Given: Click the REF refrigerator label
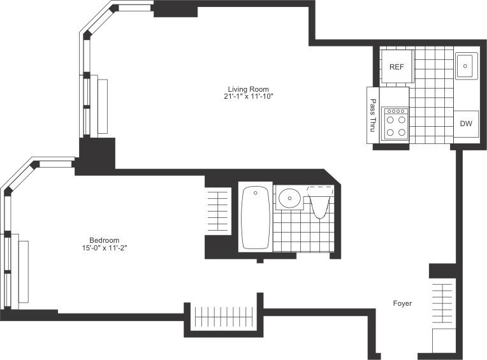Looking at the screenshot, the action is pos(396,67).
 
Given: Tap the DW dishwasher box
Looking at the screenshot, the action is pos(466,124).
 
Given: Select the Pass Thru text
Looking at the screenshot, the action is pos(373,115).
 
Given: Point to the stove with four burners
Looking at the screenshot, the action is pos(396,124).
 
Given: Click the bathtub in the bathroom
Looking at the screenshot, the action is pos(256,217).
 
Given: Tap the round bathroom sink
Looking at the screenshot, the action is pos(289,198).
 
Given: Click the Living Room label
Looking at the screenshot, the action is pos(248,89).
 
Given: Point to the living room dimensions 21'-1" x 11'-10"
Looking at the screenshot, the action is pos(248,96).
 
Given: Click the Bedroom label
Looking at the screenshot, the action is pos(105,240).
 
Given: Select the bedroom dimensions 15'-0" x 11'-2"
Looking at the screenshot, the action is pos(105,248).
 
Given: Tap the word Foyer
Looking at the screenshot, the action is pos(402,303).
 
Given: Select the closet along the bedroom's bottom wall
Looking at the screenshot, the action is pos(224,317).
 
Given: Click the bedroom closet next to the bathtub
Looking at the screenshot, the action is pos(218,211).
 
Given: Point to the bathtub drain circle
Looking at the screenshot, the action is pos(256,192).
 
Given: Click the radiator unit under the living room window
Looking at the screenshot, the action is pos(103,106).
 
